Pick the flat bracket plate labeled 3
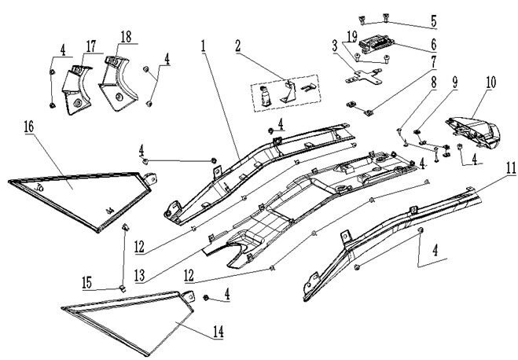(x=362, y=77)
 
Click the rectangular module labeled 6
(x=378, y=44)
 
